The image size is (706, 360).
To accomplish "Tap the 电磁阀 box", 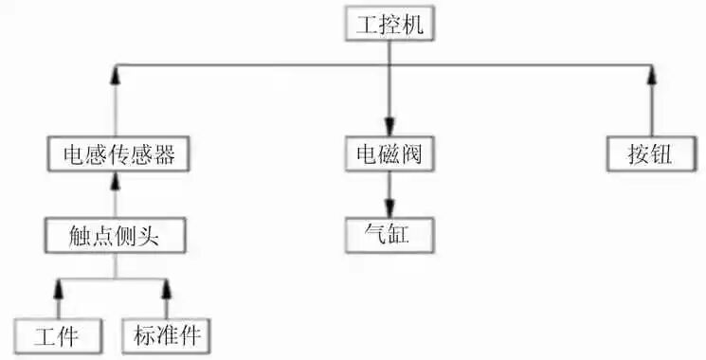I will (x=389, y=153).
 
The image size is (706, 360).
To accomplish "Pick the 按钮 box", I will (x=649, y=153).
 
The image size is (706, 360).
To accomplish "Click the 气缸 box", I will (x=389, y=232).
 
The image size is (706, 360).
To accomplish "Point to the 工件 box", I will (x=58, y=335).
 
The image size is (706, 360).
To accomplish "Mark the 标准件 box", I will (x=167, y=335).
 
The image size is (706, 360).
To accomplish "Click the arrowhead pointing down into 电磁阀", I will (x=389, y=130).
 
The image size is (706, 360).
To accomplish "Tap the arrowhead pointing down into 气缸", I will (x=389, y=208).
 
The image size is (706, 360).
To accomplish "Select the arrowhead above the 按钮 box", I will (x=649, y=74).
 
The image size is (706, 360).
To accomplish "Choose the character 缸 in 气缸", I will (x=401, y=232).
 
